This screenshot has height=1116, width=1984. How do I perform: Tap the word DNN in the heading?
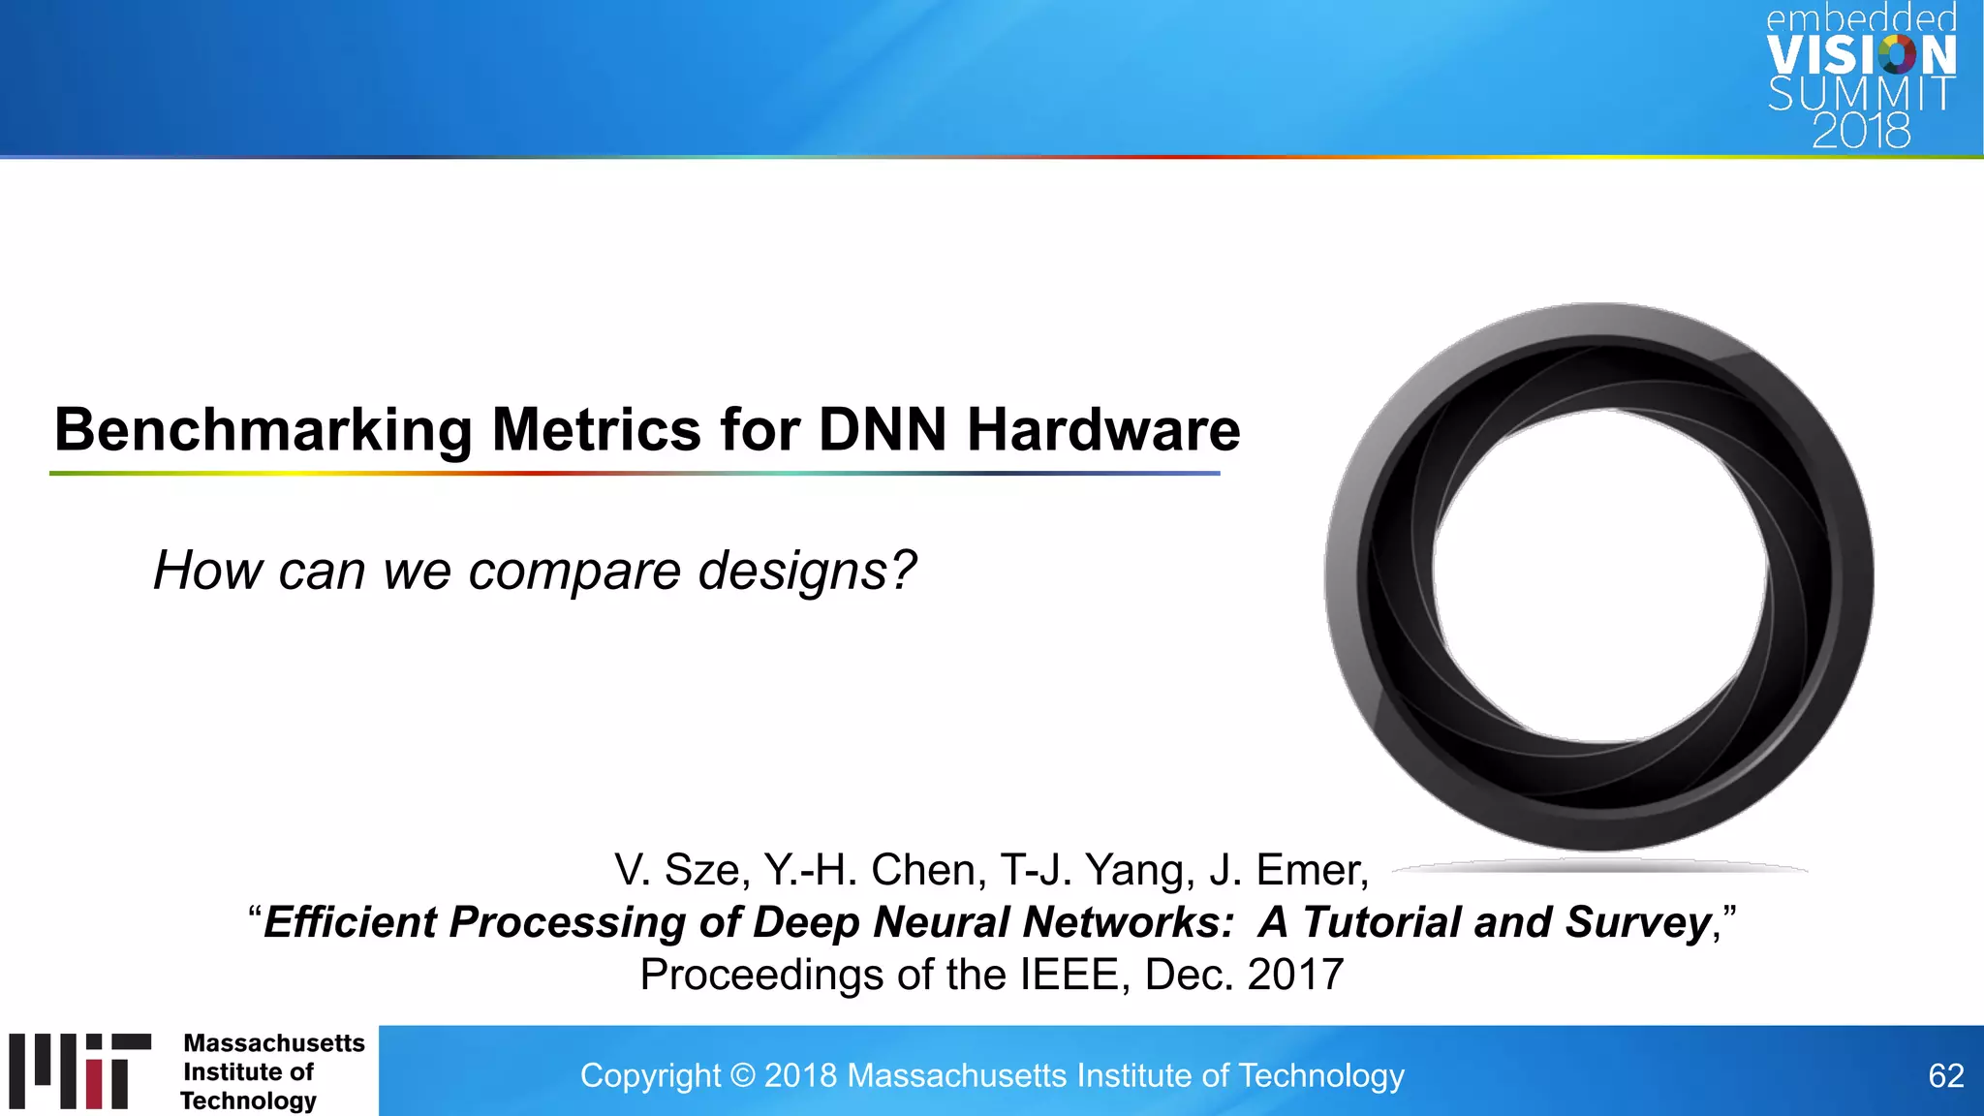[882, 430]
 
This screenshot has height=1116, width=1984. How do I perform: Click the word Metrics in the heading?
[596, 430]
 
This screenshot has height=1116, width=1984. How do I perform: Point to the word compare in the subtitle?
[575, 571]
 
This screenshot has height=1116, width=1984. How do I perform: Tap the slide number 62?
[1945, 1075]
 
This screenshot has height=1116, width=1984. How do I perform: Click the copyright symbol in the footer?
[742, 1075]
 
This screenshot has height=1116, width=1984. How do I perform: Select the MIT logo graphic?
[80, 1070]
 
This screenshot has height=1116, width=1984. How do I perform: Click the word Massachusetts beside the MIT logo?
[274, 1043]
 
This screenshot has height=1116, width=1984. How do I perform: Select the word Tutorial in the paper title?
[1380, 922]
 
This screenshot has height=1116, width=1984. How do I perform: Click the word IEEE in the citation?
[1074, 975]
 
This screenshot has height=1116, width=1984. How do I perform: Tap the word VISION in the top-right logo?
[1861, 56]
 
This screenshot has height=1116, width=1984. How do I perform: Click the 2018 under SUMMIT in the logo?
[1861, 132]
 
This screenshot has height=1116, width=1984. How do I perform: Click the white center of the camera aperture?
[1599, 576]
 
